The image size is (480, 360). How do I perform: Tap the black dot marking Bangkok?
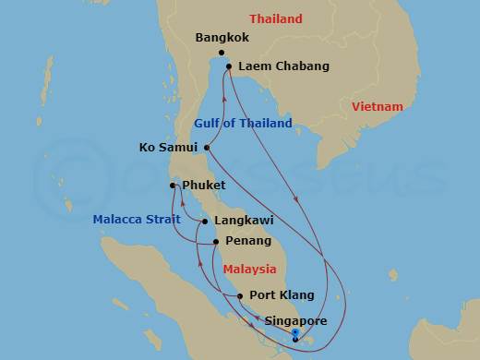click(222, 53)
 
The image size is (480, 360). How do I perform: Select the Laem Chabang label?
click(270, 66)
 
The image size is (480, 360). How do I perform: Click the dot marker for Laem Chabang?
click(229, 66)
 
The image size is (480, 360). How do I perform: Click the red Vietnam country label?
click(378, 107)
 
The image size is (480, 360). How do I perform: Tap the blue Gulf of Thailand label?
click(243, 123)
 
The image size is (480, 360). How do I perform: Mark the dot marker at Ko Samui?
click(207, 147)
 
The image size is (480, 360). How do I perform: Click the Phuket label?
click(204, 186)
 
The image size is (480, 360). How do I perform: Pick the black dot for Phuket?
click(173, 186)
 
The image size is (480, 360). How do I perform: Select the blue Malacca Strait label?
click(137, 219)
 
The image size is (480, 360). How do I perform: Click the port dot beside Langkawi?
click(204, 222)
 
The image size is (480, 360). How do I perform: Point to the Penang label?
click(247, 242)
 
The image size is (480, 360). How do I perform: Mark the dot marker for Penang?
click(216, 242)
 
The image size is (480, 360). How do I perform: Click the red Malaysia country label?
click(250, 270)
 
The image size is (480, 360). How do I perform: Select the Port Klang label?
click(282, 295)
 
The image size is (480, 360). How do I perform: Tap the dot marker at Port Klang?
click(240, 295)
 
